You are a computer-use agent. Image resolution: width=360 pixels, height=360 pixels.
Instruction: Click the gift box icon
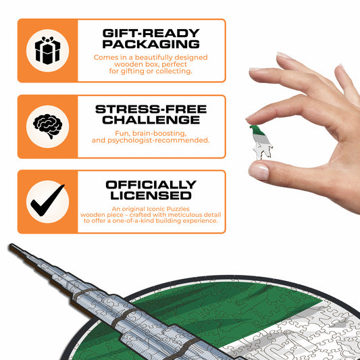click(x=47, y=51)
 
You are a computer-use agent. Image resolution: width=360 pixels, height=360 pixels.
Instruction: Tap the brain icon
click(x=48, y=126)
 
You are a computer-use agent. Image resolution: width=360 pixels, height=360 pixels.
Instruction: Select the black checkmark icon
click(x=47, y=200)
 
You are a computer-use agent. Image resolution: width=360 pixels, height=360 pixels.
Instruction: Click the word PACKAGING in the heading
click(x=151, y=44)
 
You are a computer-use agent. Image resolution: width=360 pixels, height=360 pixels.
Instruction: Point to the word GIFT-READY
click(x=151, y=33)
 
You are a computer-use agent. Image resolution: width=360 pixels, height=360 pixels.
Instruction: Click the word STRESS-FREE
click(x=151, y=109)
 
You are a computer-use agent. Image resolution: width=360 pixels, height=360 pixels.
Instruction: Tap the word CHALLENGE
click(x=151, y=120)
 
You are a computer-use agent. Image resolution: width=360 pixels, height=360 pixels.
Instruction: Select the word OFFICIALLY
click(x=151, y=184)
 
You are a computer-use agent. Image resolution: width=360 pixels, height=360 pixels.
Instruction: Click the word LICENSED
click(x=151, y=195)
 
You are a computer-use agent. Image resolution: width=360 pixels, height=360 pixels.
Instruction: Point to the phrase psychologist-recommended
click(x=159, y=140)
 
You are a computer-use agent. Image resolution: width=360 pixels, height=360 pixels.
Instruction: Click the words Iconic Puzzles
click(x=168, y=209)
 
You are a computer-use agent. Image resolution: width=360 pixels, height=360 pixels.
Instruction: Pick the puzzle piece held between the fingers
click(x=261, y=143)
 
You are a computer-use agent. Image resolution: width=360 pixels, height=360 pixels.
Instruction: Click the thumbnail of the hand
click(x=259, y=172)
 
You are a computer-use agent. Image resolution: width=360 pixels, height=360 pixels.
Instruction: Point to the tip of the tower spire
click(x=11, y=245)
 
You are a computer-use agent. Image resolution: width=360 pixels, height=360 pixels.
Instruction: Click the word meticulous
click(x=184, y=215)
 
